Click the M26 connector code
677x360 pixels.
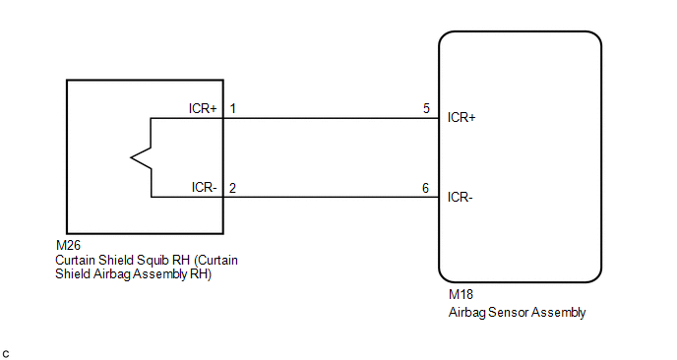[68, 245]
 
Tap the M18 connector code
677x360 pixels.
[461, 294]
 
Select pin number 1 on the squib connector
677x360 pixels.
[232, 108]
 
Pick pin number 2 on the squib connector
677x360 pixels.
[232, 188]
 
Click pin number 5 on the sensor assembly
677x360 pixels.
[427, 108]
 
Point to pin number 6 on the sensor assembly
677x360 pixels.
[426, 188]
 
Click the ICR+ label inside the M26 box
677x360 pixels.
[203, 108]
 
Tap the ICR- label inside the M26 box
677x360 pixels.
[205, 187]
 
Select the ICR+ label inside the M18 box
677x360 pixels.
[462, 117]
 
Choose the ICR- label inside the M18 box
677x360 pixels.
[461, 198]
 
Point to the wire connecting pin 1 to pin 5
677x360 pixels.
[331, 118]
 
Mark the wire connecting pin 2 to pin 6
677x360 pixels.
[331, 198]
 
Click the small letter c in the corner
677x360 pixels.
[6, 354]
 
